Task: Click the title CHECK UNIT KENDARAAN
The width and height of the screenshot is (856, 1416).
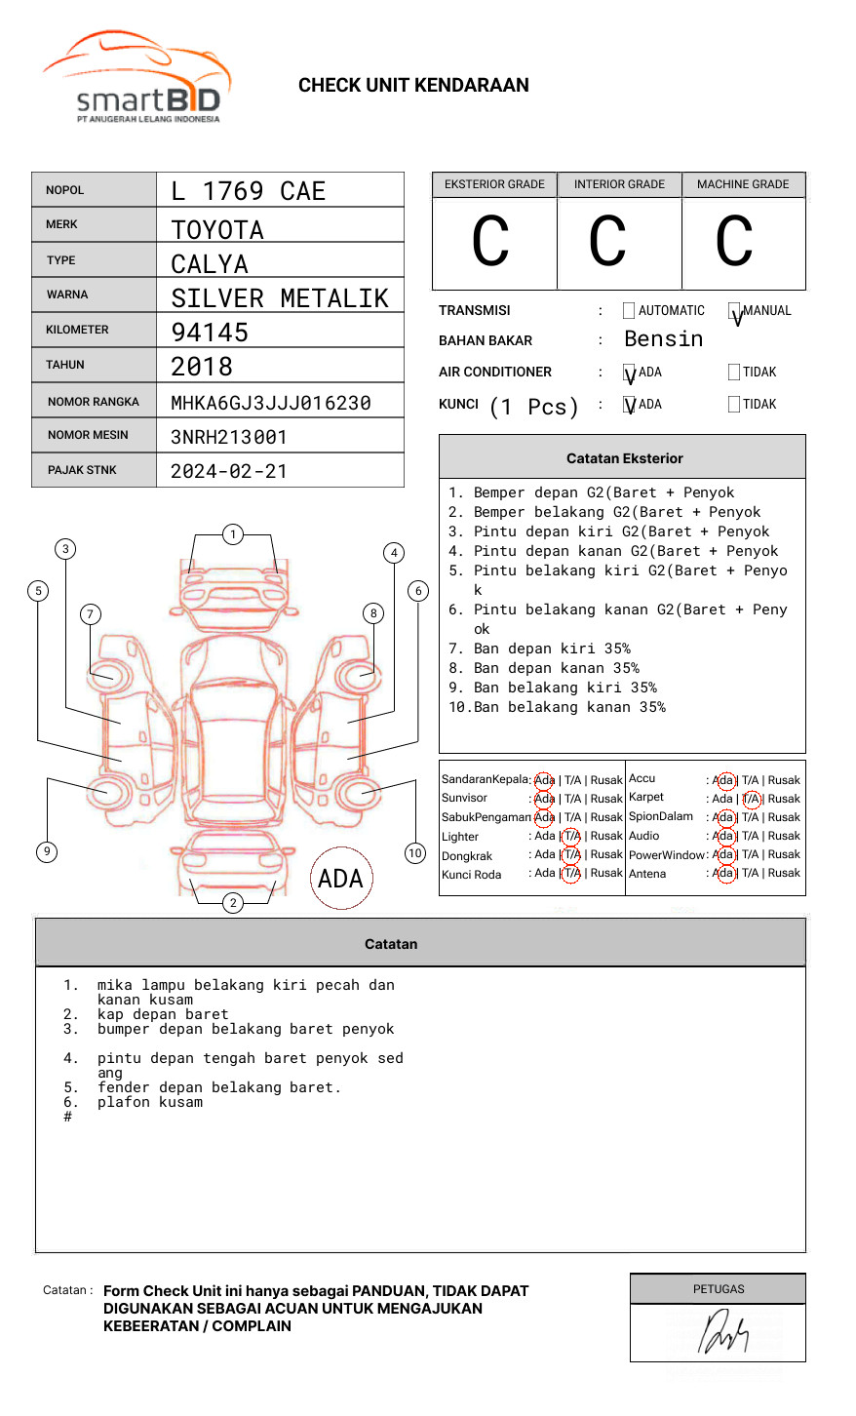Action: pos(413,85)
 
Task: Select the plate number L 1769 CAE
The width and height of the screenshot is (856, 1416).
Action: pos(248,191)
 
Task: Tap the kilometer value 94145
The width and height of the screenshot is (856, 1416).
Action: pos(210,333)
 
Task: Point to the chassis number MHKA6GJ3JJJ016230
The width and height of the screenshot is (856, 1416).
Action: pos(270,403)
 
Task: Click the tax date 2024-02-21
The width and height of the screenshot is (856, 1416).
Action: pos(229,471)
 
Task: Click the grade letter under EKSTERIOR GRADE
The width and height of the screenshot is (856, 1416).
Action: pos(490,242)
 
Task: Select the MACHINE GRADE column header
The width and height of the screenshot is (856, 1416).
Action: pos(743,184)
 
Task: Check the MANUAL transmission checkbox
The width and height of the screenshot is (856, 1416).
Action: pos(734,311)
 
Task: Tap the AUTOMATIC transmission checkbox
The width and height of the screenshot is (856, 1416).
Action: pos(629,311)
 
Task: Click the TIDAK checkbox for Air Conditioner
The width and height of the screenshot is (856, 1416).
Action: pos(734,373)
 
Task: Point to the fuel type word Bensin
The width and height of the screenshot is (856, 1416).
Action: pos(663,339)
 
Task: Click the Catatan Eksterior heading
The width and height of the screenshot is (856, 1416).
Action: pos(624,458)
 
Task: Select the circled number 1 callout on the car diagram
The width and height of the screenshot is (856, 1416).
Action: pos(232,534)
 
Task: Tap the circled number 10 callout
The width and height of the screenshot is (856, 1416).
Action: pos(415,853)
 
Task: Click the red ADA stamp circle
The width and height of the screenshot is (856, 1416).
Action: pos(340,878)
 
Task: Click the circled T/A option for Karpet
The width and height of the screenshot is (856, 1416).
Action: pos(751,799)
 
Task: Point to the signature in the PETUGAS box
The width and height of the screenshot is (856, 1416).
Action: pos(722,1332)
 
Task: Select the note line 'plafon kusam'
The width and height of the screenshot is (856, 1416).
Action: pos(150,1102)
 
